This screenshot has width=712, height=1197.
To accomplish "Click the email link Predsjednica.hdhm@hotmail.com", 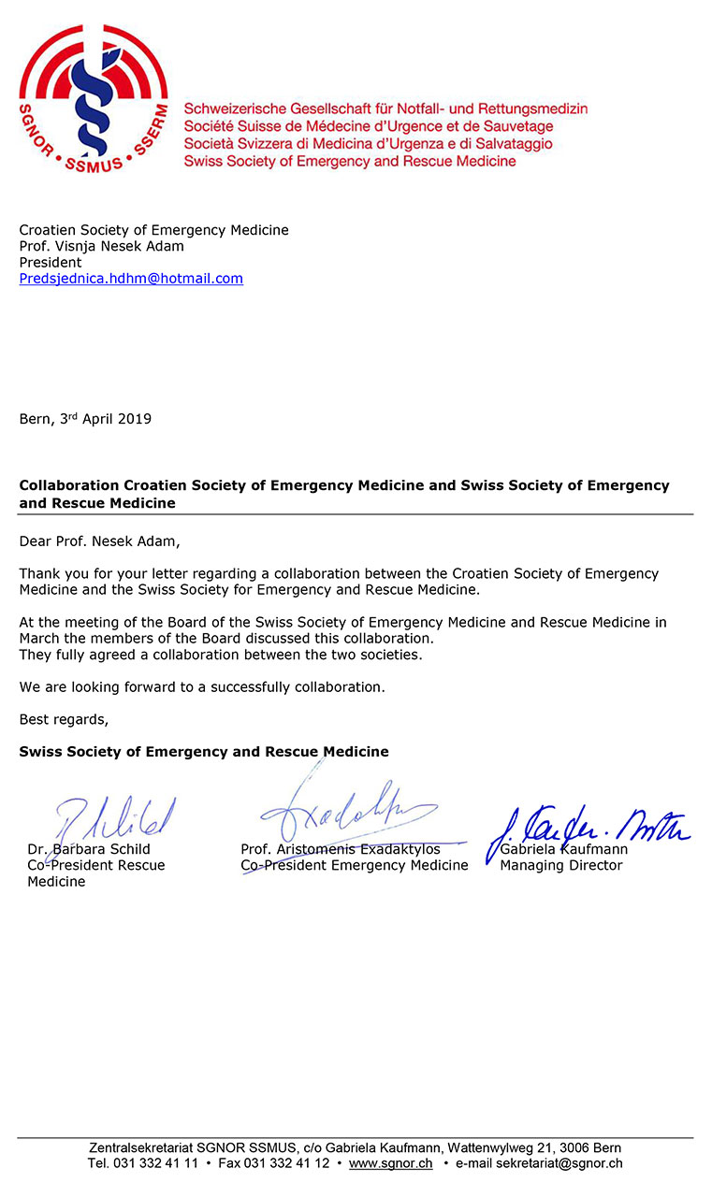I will (x=131, y=279).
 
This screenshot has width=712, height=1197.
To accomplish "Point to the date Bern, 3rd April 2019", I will (x=85, y=419).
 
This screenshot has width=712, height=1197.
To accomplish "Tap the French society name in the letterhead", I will (x=369, y=126).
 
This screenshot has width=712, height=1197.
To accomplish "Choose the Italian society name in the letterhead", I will (x=369, y=144).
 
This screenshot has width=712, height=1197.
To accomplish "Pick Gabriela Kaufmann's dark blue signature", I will (x=585, y=829).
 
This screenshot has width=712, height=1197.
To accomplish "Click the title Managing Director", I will (x=560, y=866).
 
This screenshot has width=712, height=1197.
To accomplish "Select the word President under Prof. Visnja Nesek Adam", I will (x=51, y=263).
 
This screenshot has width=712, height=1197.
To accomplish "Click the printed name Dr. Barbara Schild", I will (x=90, y=850).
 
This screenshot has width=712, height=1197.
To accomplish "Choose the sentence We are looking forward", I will (x=201, y=687).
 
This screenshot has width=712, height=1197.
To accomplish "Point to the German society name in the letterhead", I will (x=385, y=108).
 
